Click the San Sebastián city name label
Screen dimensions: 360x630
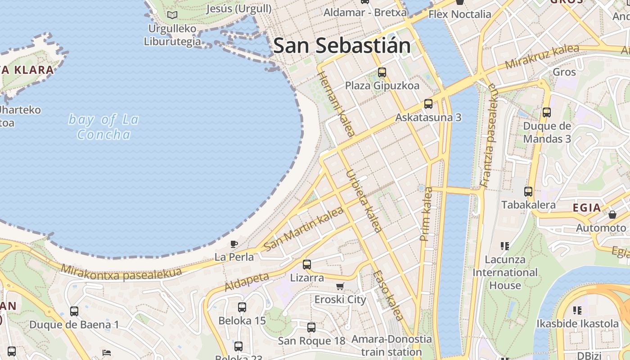(x=342, y=46)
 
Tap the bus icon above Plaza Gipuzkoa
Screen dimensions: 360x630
(x=382, y=72)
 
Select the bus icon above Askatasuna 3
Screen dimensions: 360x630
(x=428, y=104)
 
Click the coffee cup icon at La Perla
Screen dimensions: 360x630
(x=234, y=244)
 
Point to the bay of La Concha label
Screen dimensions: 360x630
(x=103, y=127)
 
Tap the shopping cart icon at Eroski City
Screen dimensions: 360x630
(x=340, y=287)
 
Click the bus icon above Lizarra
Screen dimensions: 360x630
(x=307, y=265)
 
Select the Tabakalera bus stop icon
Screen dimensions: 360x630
(x=528, y=192)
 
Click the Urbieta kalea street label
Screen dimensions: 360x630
(x=364, y=201)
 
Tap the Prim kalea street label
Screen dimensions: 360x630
(x=425, y=214)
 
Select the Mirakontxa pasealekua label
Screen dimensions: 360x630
(x=121, y=272)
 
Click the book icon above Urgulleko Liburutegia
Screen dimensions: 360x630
(x=172, y=15)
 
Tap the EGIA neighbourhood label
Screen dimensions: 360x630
(x=587, y=207)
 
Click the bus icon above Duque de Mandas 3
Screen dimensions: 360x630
(x=547, y=112)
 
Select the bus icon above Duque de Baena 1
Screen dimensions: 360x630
(x=74, y=311)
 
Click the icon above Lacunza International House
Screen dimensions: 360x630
(x=505, y=246)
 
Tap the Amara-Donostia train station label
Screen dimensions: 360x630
(x=391, y=345)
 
